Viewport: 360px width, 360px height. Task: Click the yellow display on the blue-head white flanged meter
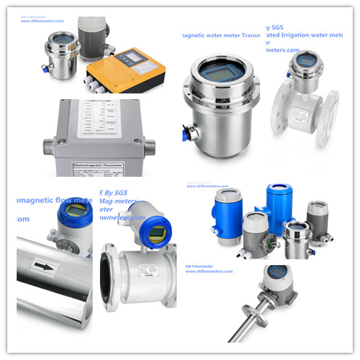tap(157, 233)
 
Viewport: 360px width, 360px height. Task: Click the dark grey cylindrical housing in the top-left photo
tap(91, 33)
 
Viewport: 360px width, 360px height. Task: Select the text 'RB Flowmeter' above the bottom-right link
tap(201, 263)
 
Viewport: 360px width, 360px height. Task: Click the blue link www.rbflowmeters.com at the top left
tap(44, 20)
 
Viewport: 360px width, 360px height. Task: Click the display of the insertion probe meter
tap(277, 272)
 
